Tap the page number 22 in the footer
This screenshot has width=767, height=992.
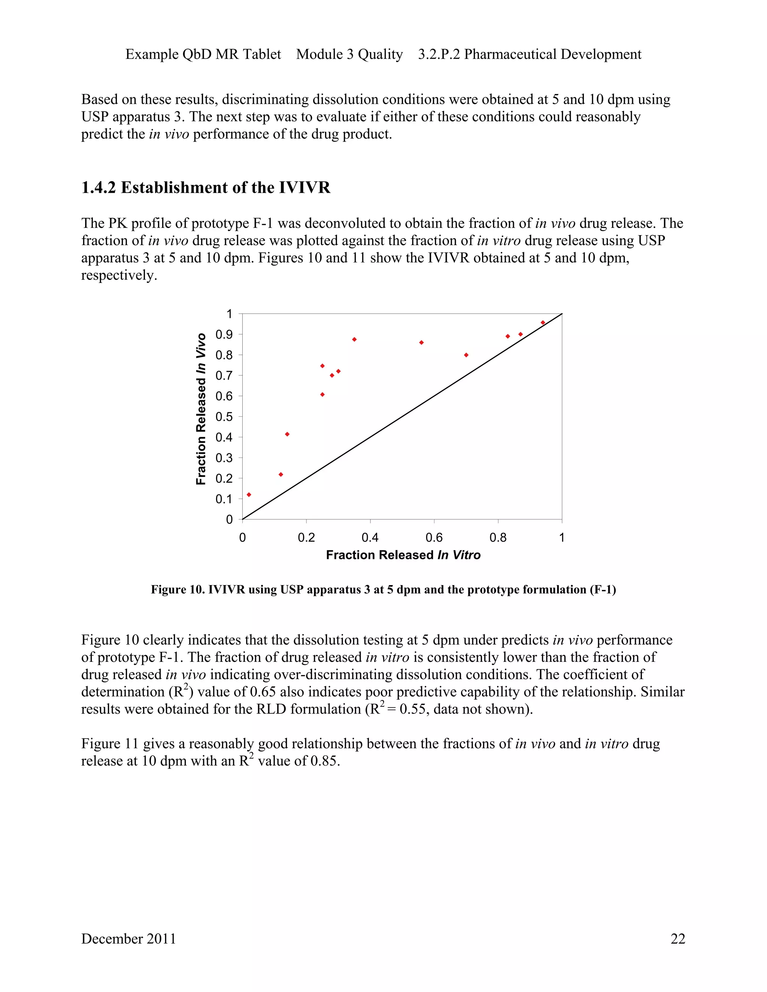(677, 938)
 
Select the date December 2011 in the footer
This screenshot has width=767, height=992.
(128, 938)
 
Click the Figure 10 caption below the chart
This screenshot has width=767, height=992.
(383, 590)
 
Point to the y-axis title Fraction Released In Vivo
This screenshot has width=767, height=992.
(201, 409)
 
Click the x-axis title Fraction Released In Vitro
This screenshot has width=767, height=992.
(403, 555)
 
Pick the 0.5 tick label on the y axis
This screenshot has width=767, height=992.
(223, 417)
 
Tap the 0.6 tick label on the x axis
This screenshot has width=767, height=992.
(434, 538)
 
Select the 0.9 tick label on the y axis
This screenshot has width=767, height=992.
(223, 335)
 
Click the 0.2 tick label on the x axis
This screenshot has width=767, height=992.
(306, 538)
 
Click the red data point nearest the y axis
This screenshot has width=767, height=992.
(249, 495)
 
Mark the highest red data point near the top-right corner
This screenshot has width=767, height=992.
(543, 322)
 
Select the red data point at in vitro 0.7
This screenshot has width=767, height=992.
(466, 355)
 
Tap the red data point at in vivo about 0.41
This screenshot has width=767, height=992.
(287, 434)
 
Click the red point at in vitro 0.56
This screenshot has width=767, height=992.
(421, 343)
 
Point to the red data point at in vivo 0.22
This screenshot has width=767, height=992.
(281, 474)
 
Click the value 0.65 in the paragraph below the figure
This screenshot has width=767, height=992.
(263, 692)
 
